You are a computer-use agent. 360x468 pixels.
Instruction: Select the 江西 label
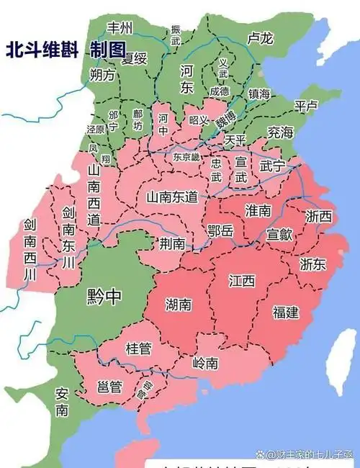click(x=242, y=280)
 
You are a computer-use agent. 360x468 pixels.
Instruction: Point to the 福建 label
click(x=286, y=312)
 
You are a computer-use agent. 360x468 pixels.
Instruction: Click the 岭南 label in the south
click(x=205, y=364)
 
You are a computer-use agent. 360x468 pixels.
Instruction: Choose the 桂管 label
click(x=138, y=348)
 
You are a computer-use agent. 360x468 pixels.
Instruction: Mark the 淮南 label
click(x=258, y=210)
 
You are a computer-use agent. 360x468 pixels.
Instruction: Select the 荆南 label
click(x=173, y=243)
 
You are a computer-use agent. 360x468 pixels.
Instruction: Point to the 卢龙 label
click(x=258, y=37)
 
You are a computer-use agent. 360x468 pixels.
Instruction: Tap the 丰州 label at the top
click(x=120, y=28)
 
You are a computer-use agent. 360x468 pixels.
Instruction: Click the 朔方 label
click(x=102, y=75)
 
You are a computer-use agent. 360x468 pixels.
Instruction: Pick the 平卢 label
click(x=306, y=106)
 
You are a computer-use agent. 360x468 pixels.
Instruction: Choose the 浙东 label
click(x=314, y=264)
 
